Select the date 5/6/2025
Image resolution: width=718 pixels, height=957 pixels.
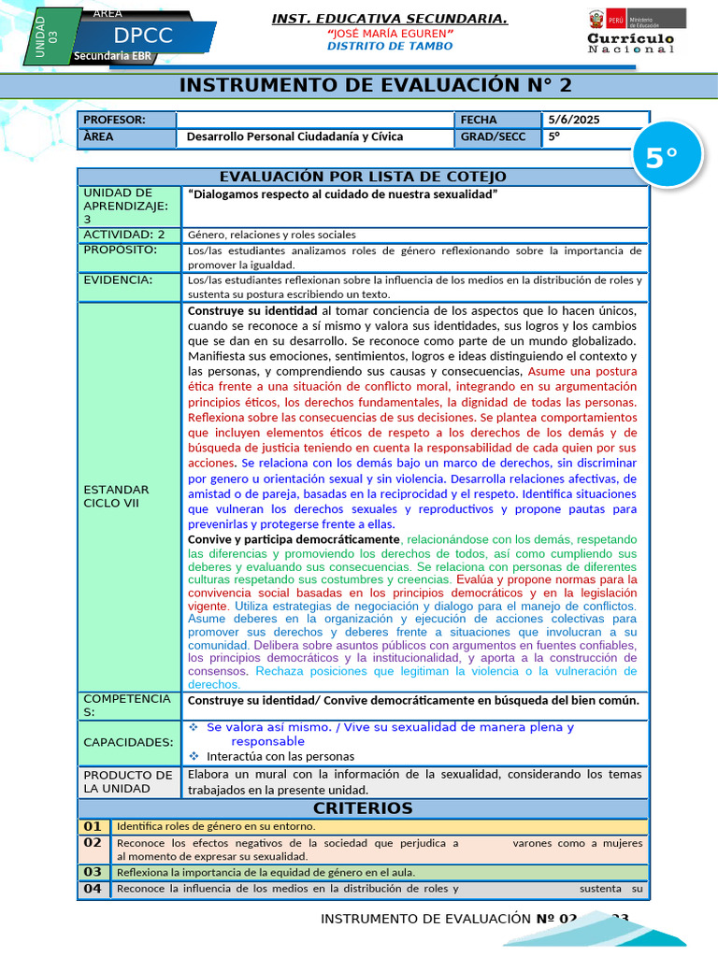pyautogui.click(x=574, y=120)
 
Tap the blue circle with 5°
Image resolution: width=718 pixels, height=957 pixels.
pyautogui.click(x=661, y=159)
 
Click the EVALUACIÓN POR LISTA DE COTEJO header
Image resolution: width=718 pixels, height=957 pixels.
pyautogui.click(x=363, y=177)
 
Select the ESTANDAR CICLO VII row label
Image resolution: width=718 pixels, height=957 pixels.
pyautogui.click(x=116, y=496)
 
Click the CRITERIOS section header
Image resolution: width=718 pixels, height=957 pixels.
pyautogui.click(x=363, y=808)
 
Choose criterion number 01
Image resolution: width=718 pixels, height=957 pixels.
pyautogui.click(x=93, y=826)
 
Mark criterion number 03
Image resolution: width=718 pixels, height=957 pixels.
pyautogui.click(x=93, y=872)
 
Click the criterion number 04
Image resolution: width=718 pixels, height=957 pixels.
pyautogui.click(x=93, y=889)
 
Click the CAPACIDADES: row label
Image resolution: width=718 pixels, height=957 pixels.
pyautogui.click(x=128, y=742)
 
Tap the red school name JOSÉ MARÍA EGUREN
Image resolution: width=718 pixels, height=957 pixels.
pyautogui.click(x=390, y=34)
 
